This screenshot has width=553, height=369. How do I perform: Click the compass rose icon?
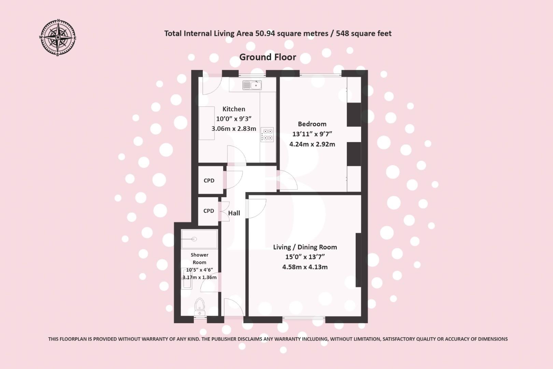click(x=58, y=37)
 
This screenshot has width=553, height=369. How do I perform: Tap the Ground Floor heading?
click(x=268, y=57)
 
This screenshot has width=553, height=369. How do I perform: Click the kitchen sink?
click(x=252, y=85)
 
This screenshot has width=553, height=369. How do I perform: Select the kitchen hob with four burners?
click(x=267, y=134)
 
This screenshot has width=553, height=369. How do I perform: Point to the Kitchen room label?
click(x=234, y=109)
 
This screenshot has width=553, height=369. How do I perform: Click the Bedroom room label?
click(x=312, y=124)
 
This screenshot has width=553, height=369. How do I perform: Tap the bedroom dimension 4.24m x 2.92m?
click(x=312, y=144)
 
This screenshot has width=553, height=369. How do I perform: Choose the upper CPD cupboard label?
click(x=209, y=180)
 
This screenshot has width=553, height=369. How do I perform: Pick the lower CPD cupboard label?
click(x=209, y=211)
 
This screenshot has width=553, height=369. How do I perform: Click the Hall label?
click(x=234, y=213)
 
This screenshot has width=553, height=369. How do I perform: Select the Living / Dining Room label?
click(x=305, y=247)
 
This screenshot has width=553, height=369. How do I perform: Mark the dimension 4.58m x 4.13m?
click(x=305, y=267)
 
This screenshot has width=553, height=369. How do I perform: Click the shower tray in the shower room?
click(x=199, y=239)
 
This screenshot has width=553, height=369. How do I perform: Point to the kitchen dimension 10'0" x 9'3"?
click(x=234, y=119)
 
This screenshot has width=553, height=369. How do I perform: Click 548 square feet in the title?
click(x=364, y=33)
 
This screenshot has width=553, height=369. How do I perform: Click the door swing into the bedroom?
click(x=288, y=180)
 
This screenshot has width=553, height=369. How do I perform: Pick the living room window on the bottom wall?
click(x=304, y=319)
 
